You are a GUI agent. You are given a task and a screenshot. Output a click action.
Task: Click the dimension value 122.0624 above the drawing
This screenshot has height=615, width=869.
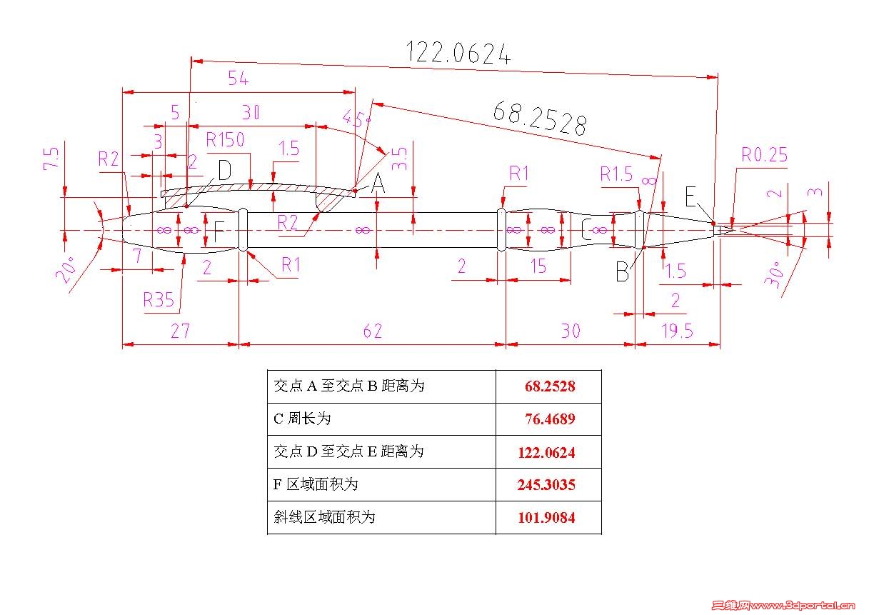coord(458,54)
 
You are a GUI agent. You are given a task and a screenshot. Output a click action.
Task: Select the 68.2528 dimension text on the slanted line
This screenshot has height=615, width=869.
coord(539,118)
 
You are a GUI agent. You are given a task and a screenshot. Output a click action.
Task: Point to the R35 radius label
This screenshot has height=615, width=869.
coord(159,299)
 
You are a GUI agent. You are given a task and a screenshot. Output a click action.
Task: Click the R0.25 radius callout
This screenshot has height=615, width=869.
coord(764,155)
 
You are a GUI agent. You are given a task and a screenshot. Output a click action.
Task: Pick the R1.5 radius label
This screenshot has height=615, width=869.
coord(616,174)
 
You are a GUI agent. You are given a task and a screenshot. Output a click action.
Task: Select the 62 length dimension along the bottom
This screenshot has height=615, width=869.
coord(373,331)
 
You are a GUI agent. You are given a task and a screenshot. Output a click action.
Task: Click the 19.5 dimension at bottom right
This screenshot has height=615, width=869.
coord(676,331)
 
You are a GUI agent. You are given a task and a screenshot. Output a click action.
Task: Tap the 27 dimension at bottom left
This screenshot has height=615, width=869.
coord(179,331)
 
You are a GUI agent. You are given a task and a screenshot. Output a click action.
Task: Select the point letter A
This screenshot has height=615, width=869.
coord(378,185)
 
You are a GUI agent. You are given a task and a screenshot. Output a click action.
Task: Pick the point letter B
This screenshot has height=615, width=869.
coord(623,272)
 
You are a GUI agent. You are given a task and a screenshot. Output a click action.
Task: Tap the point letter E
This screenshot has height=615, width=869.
coord(690,195)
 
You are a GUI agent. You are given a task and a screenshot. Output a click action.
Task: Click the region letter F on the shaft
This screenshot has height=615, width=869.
coord(219,231)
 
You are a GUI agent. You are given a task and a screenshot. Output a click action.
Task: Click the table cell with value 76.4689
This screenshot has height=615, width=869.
coord(549,419)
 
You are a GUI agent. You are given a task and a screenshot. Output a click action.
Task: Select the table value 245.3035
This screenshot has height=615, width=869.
coord(546,485)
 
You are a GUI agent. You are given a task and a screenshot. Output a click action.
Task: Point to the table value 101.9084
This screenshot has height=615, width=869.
coord(546,518)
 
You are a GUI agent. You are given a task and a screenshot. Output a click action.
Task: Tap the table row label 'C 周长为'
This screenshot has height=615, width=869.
coord(302,419)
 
